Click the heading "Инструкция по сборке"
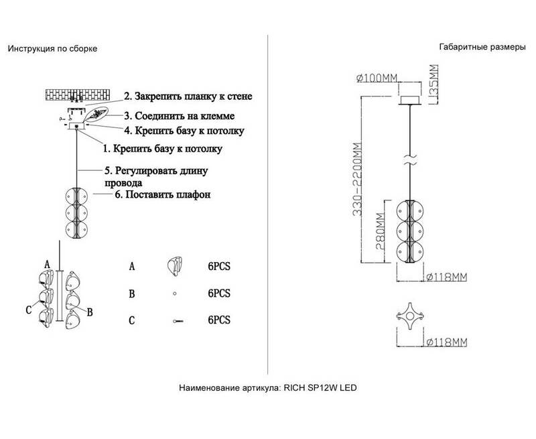pos(52,50)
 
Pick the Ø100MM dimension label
pos(378,78)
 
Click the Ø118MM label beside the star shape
pos(446,344)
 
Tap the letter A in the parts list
pos(132,267)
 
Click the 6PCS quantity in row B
pos(218,294)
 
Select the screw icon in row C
pos(178,321)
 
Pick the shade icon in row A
pos(176,266)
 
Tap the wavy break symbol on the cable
pos(409,161)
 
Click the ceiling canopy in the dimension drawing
pos(410,99)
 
